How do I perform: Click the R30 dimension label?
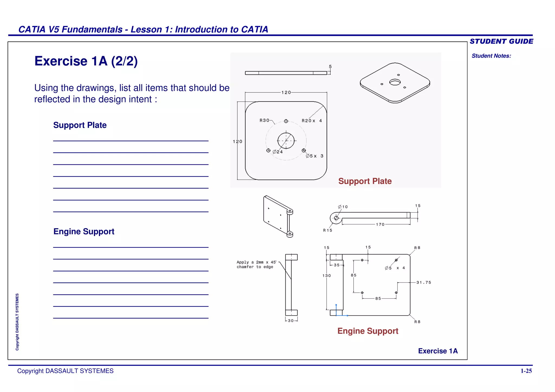coord(264,120)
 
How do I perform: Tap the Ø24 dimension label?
coord(278,152)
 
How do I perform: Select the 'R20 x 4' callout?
coord(312,121)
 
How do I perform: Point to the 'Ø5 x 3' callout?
coord(314,156)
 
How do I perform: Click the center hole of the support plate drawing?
coord(286,141)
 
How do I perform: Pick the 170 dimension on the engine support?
coord(380,224)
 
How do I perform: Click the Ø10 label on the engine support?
coord(343,207)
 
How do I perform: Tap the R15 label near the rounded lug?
coord(327,230)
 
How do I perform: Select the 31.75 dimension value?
coord(424,282)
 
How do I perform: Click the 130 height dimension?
coord(327,276)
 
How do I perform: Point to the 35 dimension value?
coord(337,265)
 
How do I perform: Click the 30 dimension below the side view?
coord(291,321)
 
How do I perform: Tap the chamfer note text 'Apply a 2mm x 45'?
coord(256,262)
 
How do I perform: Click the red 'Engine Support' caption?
coord(368,331)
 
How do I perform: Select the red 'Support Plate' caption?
coord(365,181)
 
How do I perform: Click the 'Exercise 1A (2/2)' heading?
coord(86,61)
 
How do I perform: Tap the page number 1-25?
coord(526,371)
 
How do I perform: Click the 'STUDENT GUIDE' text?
coord(501,41)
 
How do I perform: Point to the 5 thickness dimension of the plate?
coord(330,67)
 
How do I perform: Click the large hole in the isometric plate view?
coord(395,82)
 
